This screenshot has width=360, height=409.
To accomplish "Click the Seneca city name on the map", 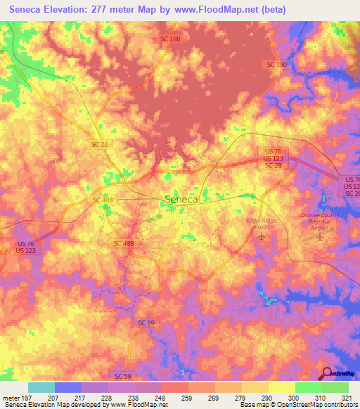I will [x=181, y=199].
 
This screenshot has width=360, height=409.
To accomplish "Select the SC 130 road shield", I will [x=277, y=65].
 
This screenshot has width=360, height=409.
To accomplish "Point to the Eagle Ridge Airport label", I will [x=262, y=224].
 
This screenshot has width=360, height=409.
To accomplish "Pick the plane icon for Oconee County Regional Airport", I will [x=321, y=235].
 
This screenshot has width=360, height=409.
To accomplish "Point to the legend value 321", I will [x=347, y=398].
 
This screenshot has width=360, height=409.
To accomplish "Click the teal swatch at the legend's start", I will [x=41, y=387].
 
